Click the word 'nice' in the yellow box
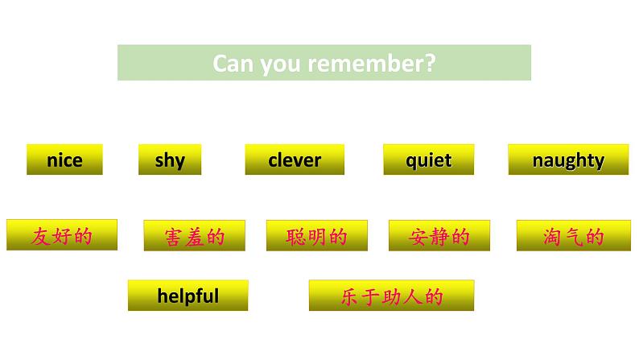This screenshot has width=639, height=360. click(64, 160)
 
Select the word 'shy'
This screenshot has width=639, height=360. click(170, 160)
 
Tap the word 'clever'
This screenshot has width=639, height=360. click(295, 160)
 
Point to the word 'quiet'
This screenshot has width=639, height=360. click(428, 160)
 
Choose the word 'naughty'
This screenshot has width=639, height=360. click(567, 160)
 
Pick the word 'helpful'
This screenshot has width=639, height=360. click(188, 296)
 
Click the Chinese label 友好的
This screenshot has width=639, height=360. click(62, 236)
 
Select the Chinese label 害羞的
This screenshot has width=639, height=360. click(194, 237)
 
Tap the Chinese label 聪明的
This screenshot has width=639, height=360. click(315, 237)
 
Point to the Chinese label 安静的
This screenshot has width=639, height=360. click(439, 237)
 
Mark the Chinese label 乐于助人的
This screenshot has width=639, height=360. click(391, 296)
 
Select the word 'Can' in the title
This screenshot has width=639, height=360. click(233, 64)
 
